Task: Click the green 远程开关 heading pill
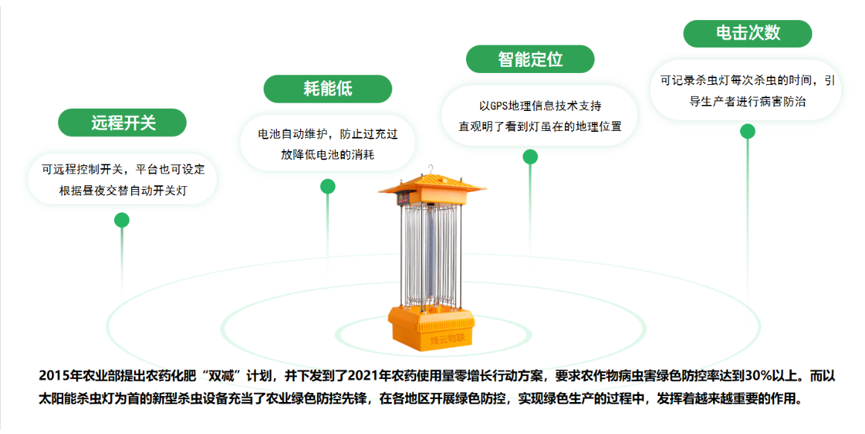coord(122,122)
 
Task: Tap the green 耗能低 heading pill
coord(328,89)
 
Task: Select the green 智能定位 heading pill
coord(530,59)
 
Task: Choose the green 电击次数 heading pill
coord(747,33)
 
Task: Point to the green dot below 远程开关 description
coord(121,220)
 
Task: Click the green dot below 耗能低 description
coord(328,186)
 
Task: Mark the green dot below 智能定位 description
coord(530,157)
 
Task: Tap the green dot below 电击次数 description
coord(747,131)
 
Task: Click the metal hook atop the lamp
coord(432,169)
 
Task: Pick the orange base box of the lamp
coord(431,328)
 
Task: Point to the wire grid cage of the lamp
coord(431,255)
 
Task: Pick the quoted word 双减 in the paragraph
coord(223,376)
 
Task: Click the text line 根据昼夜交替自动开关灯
coord(123,191)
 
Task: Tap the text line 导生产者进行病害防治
coord(747,101)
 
